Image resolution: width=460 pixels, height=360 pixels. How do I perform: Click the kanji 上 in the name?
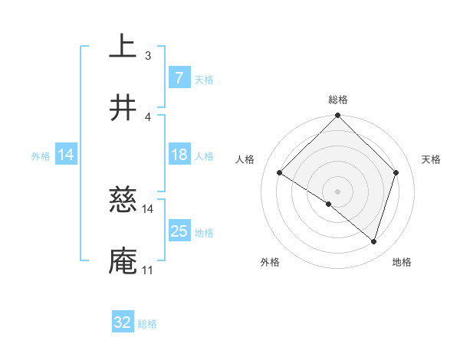[123, 46]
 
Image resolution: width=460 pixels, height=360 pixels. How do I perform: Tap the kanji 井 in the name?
[123, 108]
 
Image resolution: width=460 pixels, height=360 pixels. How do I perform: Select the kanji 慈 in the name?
[123, 200]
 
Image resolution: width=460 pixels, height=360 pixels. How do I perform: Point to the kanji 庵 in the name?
[123, 261]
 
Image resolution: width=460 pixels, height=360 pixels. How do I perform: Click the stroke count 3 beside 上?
[148, 55]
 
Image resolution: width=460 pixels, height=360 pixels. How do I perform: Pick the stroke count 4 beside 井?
[148, 116]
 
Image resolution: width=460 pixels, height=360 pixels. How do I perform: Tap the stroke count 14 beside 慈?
[148, 208]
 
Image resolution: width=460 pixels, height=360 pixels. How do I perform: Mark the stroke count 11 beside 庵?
[148, 270]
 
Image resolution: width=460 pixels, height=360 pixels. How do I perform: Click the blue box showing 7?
[179, 78]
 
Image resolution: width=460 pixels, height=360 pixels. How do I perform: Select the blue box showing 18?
[179, 155]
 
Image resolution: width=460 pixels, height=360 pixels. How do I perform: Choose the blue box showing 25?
[179, 231]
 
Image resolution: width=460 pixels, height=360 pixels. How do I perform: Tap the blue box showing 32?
[122, 322]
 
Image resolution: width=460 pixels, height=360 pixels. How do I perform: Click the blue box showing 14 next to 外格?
[66, 155]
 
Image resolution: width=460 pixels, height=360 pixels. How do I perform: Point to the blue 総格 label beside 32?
[147, 324]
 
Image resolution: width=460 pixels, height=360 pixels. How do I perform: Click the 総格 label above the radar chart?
[338, 100]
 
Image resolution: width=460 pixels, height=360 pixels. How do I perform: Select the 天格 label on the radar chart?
[431, 159]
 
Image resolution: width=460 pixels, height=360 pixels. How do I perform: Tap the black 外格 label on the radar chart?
[269, 262]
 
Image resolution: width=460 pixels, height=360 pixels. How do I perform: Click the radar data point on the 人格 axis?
[280, 172]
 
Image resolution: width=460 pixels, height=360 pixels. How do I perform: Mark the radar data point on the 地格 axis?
[373, 241]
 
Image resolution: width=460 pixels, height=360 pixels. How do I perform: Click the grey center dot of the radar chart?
[337, 191]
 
